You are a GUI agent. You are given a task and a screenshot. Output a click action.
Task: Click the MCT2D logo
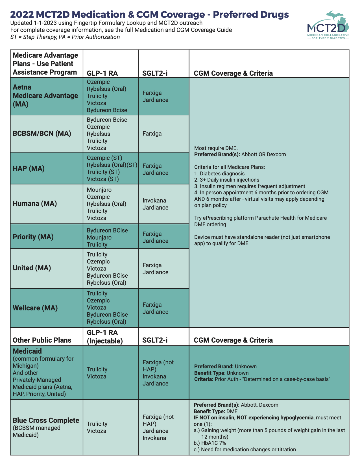(x=328, y=25)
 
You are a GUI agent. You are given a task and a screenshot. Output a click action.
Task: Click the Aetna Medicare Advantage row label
(x=45, y=95)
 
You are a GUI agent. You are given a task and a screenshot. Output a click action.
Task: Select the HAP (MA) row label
(x=29, y=168)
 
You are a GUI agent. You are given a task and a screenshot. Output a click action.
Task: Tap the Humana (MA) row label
(x=35, y=203)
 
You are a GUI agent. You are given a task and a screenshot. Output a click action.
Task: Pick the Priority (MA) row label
(x=33, y=237)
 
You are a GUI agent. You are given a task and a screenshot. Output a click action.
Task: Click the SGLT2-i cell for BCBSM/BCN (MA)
(x=152, y=133)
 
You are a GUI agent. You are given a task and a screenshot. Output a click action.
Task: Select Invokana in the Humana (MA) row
(x=154, y=201)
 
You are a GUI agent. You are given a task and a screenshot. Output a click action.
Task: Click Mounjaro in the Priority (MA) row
(x=99, y=238)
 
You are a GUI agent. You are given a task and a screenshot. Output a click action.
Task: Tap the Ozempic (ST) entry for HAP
(x=104, y=158)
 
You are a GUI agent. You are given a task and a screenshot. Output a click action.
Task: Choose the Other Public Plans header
(x=42, y=340)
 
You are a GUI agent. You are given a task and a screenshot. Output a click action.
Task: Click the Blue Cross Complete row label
(x=46, y=420)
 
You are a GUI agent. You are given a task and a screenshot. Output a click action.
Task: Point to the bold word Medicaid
(x=27, y=351)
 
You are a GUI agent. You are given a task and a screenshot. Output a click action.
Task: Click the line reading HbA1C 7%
(x=210, y=443)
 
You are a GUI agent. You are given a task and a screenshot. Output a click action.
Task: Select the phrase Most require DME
(x=216, y=148)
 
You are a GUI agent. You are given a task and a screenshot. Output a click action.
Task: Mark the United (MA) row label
(x=32, y=268)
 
